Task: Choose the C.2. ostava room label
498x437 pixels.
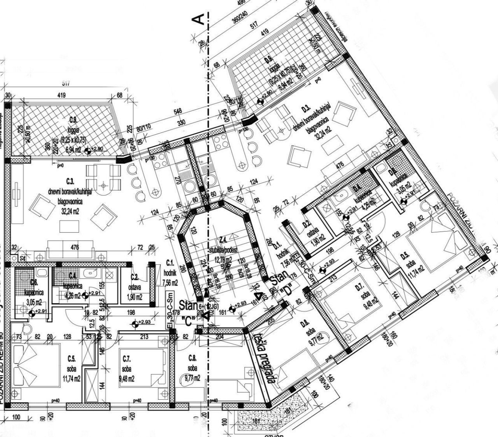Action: tap(135, 282)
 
